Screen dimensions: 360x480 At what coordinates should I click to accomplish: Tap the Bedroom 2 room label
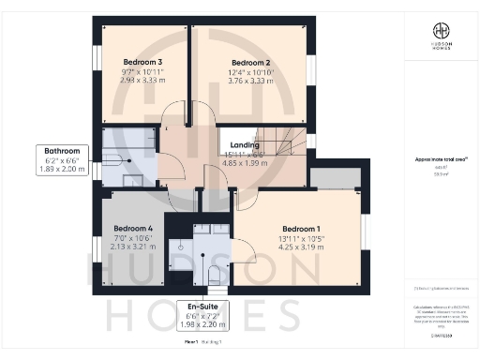tap(250, 64)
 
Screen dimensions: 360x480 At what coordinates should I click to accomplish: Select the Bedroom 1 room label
tap(301, 229)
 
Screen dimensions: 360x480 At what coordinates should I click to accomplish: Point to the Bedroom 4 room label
tap(133, 228)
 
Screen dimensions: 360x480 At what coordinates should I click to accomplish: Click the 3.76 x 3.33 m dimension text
tap(250, 81)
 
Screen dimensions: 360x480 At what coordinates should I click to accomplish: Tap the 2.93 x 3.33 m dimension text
tap(142, 81)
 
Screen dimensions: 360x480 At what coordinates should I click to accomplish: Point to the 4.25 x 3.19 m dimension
tap(302, 247)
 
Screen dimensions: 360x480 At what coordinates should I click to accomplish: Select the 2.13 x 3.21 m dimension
tap(133, 247)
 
